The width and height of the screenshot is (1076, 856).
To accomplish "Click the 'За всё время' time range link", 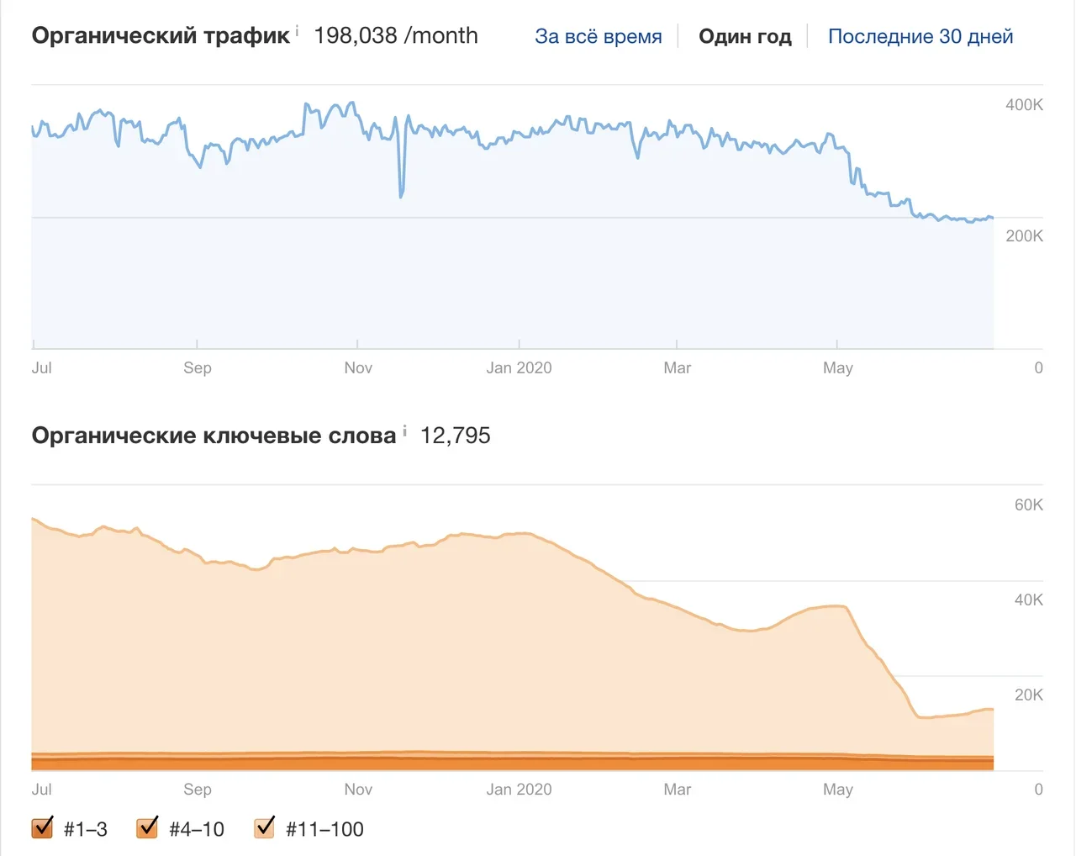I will [598, 37].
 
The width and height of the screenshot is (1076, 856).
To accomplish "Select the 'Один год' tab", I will [745, 37].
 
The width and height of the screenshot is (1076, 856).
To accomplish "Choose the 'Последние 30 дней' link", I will [920, 37].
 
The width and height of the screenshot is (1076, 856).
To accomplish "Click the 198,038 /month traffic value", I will [395, 36].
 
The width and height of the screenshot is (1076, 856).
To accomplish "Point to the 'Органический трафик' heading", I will [161, 36].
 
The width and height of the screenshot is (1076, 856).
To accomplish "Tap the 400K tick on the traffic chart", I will [1024, 105].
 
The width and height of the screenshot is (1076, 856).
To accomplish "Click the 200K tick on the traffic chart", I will [1024, 236].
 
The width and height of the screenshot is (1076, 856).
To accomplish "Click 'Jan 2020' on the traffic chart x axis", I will [519, 367].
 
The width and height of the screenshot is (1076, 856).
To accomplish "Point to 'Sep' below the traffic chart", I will [198, 367].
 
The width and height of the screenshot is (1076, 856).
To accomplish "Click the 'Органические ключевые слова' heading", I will [214, 436].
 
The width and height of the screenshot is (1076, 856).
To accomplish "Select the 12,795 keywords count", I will [455, 436].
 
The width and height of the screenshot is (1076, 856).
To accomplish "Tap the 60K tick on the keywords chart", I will [1028, 505].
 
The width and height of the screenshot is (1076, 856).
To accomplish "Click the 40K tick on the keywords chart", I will [1028, 600].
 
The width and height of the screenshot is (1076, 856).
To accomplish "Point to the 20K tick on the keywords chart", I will [1028, 695].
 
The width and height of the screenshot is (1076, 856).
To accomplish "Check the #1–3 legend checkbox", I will [42, 828].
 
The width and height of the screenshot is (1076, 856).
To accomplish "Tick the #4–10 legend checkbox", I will [147, 828].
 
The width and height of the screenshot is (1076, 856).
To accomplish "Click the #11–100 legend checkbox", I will [265, 828].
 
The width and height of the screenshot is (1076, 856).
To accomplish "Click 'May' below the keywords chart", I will [837, 790].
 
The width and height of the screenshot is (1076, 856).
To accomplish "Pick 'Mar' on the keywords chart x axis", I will [677, 790].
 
